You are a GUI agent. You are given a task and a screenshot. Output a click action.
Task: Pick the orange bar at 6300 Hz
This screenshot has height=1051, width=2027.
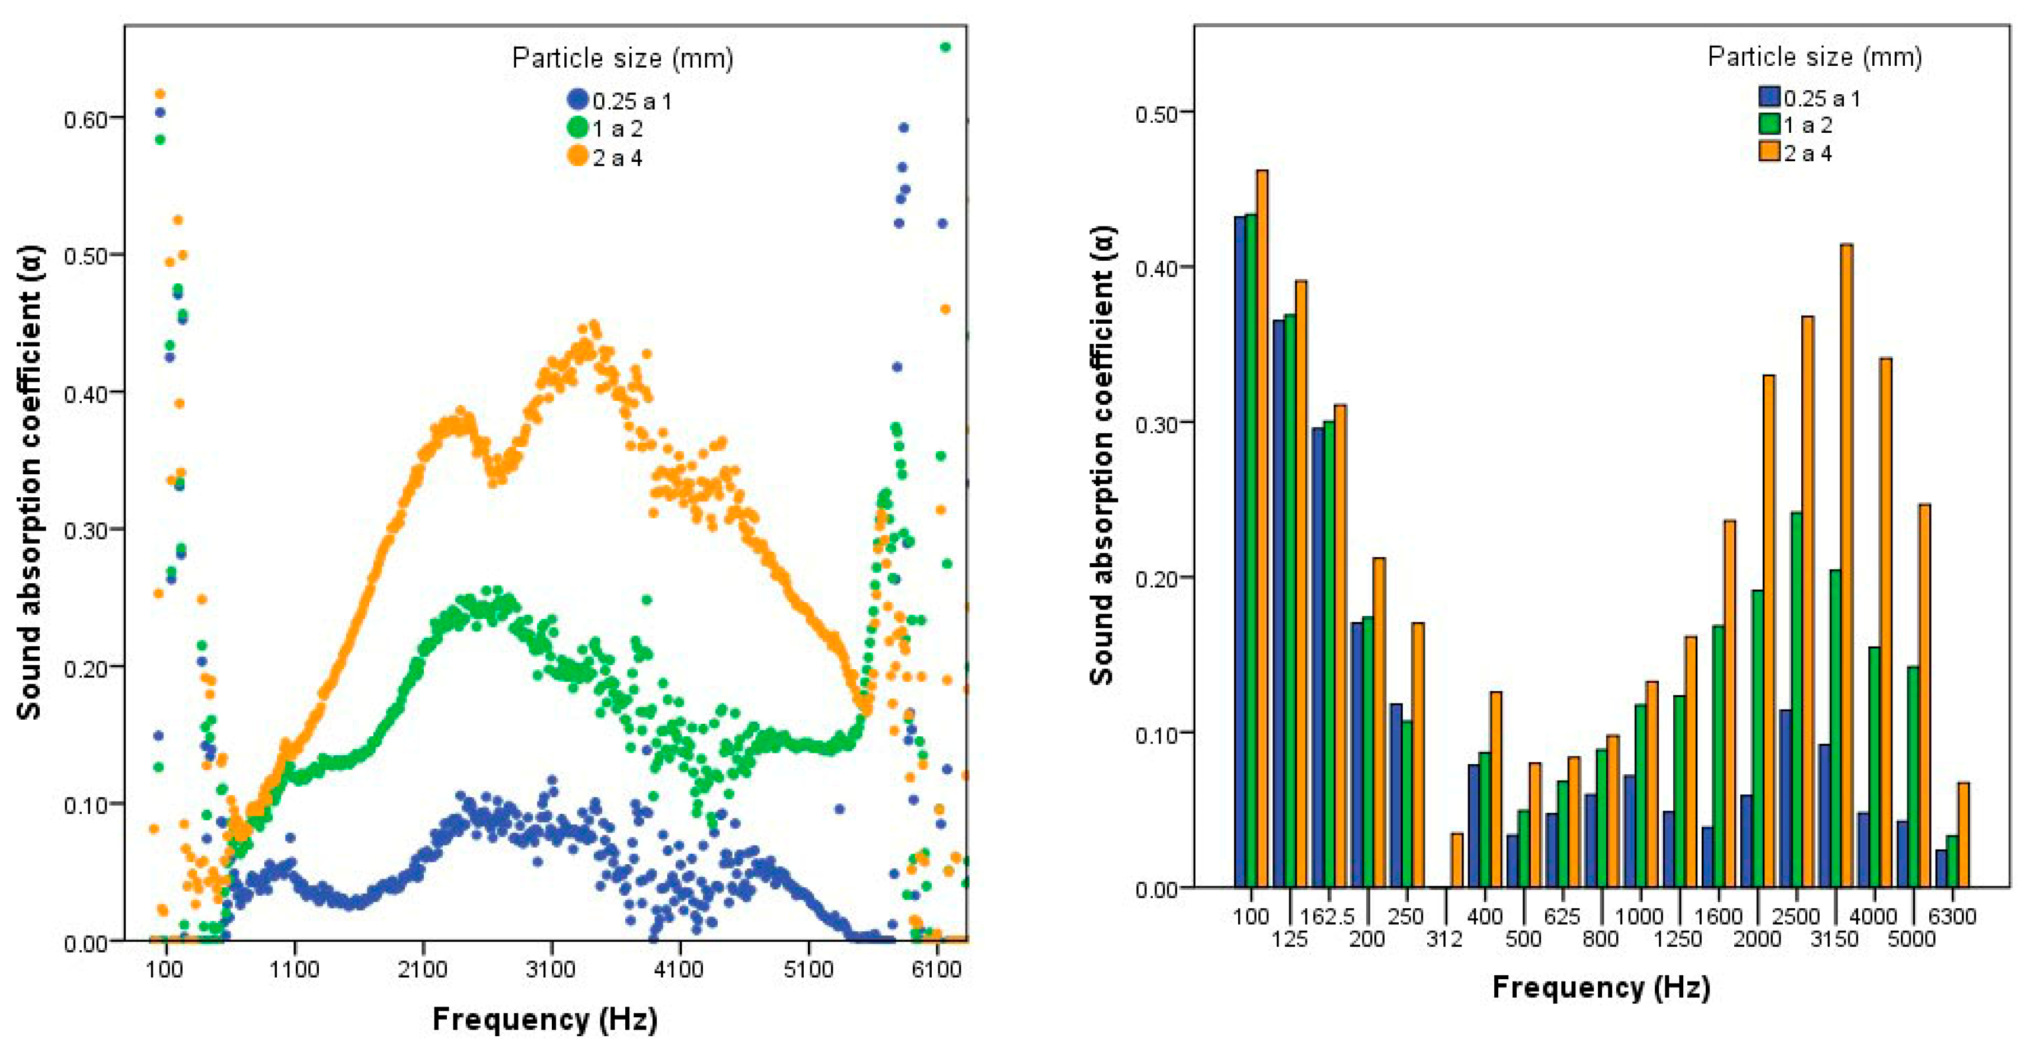coord(1963,835)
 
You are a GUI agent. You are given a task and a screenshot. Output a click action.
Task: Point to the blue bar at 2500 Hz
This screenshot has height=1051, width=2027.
coord(1785,798)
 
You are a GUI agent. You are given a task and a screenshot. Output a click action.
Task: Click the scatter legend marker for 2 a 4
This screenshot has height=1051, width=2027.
coord(577,156)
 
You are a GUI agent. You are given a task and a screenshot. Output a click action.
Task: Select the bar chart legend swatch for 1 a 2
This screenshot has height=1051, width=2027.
coord(1770,124)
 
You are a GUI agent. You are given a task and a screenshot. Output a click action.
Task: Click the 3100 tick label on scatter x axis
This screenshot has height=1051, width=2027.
coord(551,969)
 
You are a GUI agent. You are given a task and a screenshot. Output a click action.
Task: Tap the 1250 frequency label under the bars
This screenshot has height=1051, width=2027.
coord(1678,938)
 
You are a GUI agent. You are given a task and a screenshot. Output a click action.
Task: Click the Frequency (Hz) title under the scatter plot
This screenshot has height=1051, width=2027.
coord(545,1019)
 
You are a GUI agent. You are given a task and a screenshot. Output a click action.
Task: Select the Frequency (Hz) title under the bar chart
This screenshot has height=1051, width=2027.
coord(1601,986)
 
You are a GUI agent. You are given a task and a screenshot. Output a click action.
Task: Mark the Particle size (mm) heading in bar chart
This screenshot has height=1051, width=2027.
coord(1815,57)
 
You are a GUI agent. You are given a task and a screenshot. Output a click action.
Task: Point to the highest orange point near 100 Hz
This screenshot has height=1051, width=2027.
coord(160,94)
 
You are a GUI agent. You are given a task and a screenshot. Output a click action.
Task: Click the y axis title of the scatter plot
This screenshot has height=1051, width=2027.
coord(30,482)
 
